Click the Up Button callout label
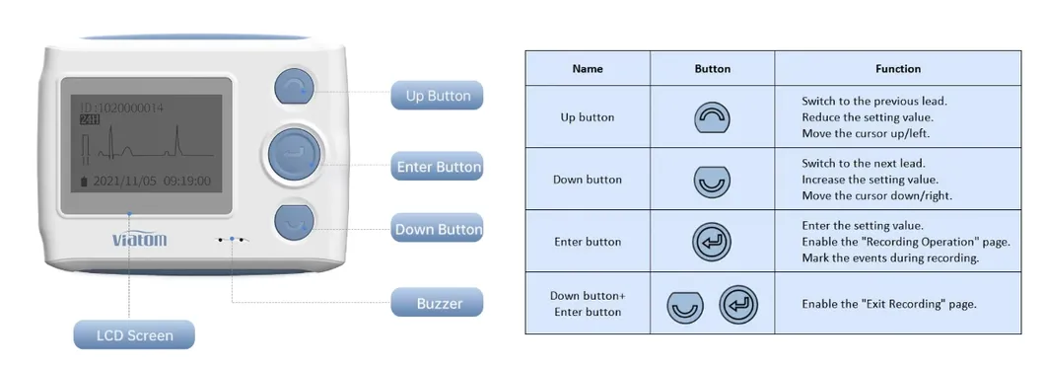(x=437, y=96)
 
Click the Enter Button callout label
(x=438, y=167)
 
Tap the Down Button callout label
(x=438, y=229)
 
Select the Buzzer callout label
(x=437, y=303)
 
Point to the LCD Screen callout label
(x=134, y=335)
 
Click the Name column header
(x=587, y=69)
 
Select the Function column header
(x=897, y=69)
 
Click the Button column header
(x=712, y=69)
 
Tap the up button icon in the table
(x=712, y=117)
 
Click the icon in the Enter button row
(x=712, y=242)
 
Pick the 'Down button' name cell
(x=587, y=180)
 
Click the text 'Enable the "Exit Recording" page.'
(x=888, y=304)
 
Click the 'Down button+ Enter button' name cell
(x=587, y=304)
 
